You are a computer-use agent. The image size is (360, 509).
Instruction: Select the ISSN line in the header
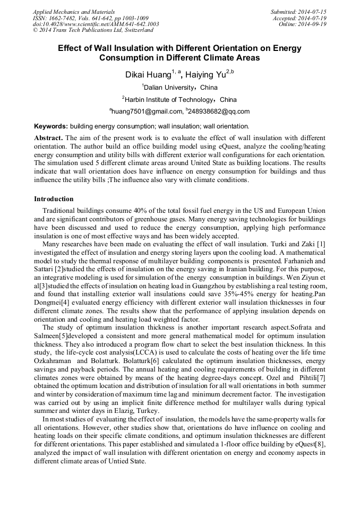click(90, 18)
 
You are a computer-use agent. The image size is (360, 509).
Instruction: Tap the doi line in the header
click(96, 24)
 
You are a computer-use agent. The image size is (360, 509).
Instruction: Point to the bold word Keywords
click(51, 126)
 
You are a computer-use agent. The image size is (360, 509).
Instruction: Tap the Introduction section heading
click(54, 199)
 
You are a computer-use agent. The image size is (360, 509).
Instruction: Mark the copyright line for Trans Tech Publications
click(93, 30)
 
